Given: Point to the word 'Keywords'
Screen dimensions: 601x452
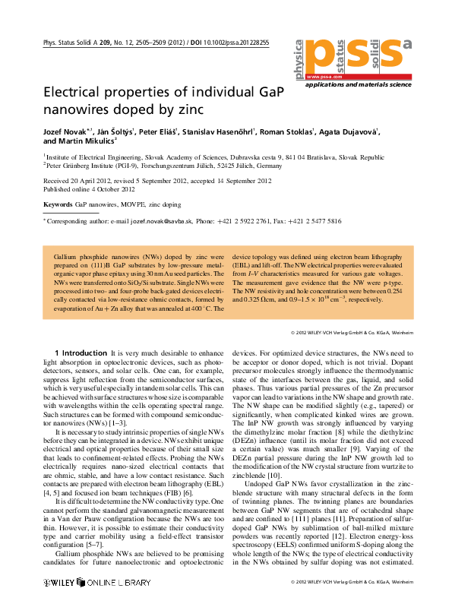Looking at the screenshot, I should tap(58, 204).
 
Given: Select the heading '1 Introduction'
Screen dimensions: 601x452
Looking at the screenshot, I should tap(81, 353).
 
